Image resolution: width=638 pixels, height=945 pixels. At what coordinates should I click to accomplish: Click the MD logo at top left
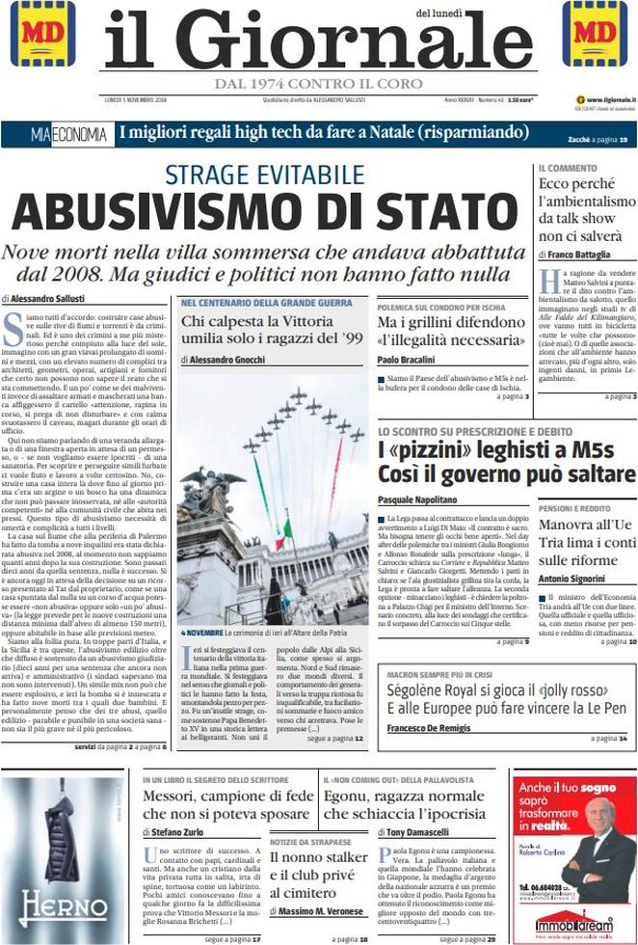pos(42,33)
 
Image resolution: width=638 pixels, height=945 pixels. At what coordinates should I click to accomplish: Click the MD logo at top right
pos(595,33)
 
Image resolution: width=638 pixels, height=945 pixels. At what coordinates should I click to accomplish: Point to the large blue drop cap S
pos(13,328)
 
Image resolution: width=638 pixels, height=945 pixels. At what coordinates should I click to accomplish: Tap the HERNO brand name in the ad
pos(64,905)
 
